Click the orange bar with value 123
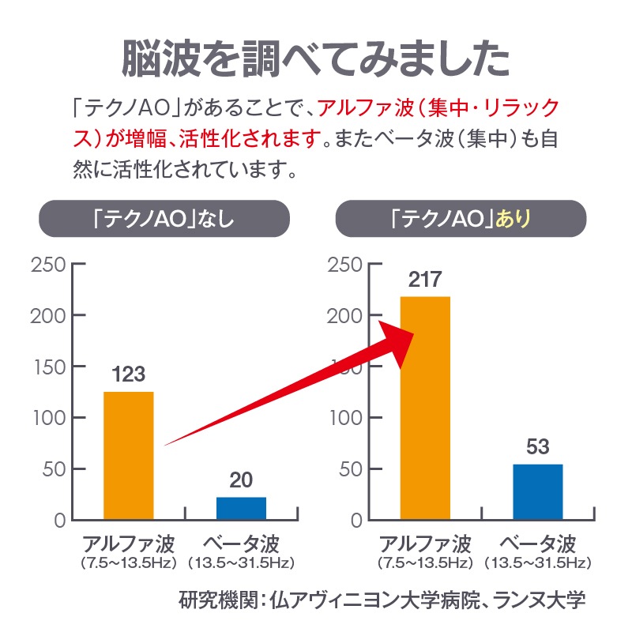click(x=129, y=456)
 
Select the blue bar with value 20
click(x=241, y=508)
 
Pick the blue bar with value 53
click(x=538, y=491)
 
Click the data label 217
click(x=425, y=280)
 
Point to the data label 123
click(x=128, y=374)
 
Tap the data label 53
click(x=537, y=447)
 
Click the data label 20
click(x=241, y=480)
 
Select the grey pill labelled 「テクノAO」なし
click(x=163, y=219)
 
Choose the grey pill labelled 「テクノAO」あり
click(x=461, y=219)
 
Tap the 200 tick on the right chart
click(x=344, y=315)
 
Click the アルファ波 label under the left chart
click(x=128, y=544)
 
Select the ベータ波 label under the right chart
click(x=538, y=544)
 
